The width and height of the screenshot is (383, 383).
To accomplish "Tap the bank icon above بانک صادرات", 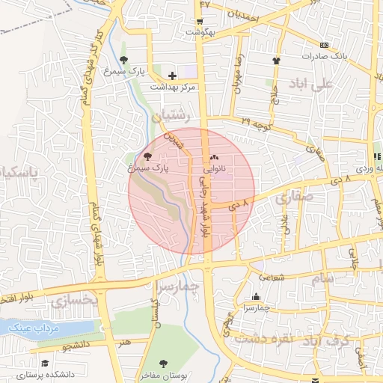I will (x=324, y=45).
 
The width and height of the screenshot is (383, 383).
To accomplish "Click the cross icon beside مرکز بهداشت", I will (x=173, y=76).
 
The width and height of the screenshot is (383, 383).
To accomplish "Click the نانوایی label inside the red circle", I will (x=215, y=170).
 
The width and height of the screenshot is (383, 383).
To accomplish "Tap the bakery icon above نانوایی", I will (x=215, y=158).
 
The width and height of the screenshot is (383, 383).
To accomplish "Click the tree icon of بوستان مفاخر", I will (x=163, y=364).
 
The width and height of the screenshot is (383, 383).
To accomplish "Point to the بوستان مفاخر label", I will (x=161, y=376).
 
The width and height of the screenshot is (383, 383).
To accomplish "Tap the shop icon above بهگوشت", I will (x=200, y=22).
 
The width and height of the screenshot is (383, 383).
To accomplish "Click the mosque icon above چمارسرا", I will (x=257, y=296).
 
